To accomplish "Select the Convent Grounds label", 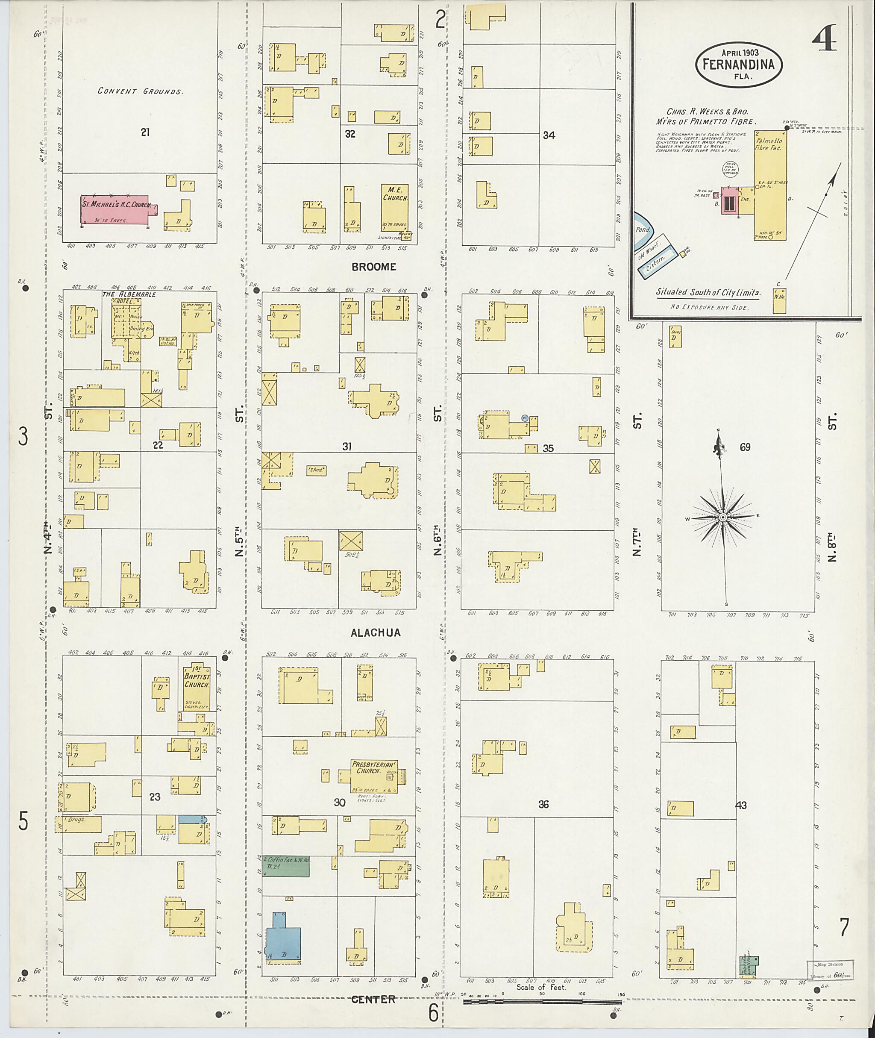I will point(141,91).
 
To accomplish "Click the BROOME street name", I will point(373,267).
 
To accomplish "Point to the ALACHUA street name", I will point(376,632).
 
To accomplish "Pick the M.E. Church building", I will point(395,207).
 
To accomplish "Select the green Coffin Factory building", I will point(286,866).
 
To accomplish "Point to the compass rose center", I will point(723,518).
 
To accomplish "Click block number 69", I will point(745,447).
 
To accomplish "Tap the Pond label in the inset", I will point(643,230).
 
